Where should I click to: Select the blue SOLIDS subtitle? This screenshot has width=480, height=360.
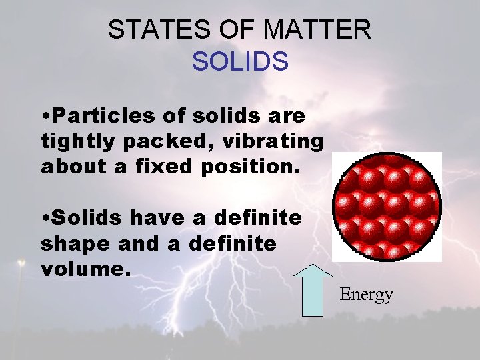click(x=240, y=61)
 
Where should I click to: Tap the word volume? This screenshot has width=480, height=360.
click(x=80, y=269)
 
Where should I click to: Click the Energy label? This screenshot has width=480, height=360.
click(x=367, y=294)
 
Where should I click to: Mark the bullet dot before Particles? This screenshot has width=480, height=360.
click(x=45, y=117)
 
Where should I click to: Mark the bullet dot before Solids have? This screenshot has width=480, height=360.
click(x=45, y=219)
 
